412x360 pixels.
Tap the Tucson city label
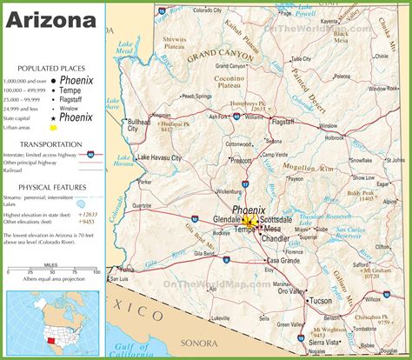pos(321,300)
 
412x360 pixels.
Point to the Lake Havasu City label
pos(159,157)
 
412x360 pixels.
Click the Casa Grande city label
pos(283,261)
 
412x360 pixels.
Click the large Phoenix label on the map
pos(249,210)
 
